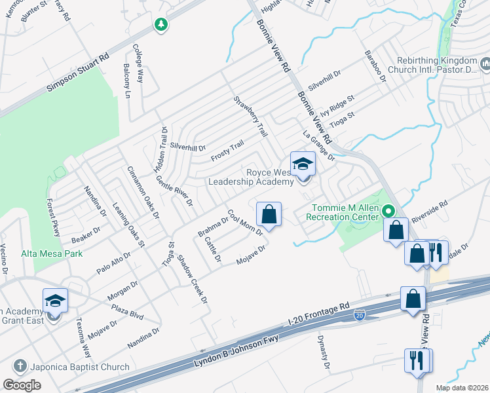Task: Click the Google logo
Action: click(22, 384)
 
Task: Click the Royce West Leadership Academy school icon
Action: click(303, 164)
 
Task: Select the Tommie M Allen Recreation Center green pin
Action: click(388, 211)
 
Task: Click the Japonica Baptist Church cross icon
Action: click(20, 367)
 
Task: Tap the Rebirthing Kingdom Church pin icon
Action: click(485, 64)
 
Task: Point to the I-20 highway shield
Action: click(359, 316)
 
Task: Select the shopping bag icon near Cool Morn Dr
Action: click(269, 214)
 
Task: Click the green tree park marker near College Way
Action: click(160, 25)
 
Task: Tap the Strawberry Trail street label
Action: click(251, 117)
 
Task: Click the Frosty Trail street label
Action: click(227, 151)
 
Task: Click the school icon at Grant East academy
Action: click(55, 300)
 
